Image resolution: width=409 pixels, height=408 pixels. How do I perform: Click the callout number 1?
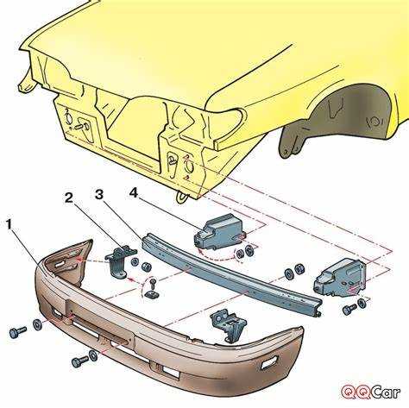click(x=9, y=224)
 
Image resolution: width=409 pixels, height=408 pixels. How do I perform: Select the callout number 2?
click(x=69, y=198)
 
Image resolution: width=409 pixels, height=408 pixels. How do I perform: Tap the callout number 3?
click(x=98, y=194)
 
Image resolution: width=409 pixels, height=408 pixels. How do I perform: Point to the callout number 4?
click(x=133, y=192)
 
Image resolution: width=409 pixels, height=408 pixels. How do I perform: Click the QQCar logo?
click(x=371, y=392)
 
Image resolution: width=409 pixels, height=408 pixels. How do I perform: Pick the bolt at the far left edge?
click(x=17, y=332)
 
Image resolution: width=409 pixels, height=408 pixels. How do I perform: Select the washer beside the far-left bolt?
click(x=37, y=324)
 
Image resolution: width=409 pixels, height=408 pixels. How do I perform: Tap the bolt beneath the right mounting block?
click(x=349, y=309)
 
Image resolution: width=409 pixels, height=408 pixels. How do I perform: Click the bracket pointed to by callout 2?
click(x=120, y=261)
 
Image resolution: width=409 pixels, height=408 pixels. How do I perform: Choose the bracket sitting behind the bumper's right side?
click(x=228, y=326)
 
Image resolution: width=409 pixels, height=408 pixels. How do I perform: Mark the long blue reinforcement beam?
click(x=230, y=274)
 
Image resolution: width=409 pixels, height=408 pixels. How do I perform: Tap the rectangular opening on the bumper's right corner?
click(x=269, y=362)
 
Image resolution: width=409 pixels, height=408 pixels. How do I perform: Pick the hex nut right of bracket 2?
click(x=146, y=267)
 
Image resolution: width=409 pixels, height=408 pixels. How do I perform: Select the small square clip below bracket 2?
click(x=151, y=294)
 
